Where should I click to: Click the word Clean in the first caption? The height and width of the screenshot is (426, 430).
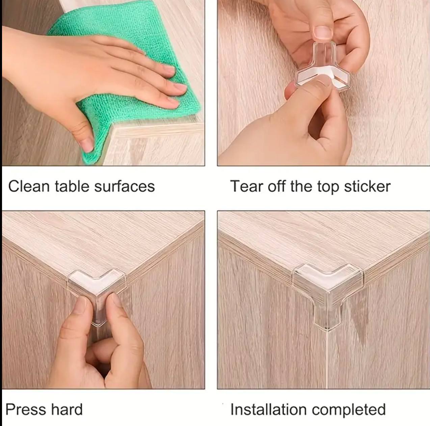[29, 186]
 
